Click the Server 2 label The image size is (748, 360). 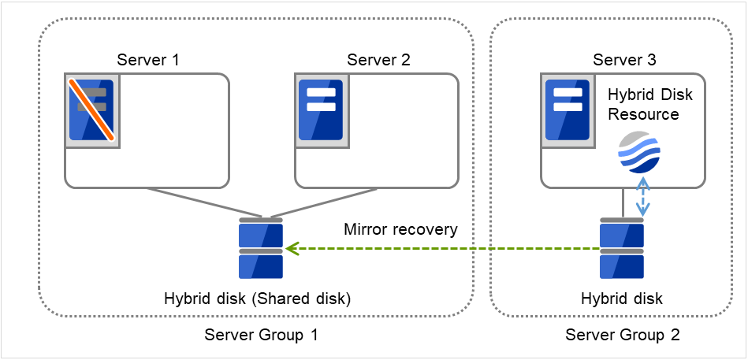[378, 59]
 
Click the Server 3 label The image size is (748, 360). [623, 59]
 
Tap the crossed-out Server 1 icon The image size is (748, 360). [91, 109]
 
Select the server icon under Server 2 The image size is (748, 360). [321, 109]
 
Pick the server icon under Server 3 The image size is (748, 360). [567, 109]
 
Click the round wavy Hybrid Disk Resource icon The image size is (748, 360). [639, 152]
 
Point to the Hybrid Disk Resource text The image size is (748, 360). [650, 104]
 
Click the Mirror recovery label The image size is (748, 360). [400, 230]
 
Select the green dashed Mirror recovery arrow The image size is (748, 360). [441, 249]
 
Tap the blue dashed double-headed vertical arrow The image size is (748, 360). [643, 196]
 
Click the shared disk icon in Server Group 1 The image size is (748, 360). [260, 248]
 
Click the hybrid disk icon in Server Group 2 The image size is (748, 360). [621, 248]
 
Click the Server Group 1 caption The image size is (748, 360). [261, 335]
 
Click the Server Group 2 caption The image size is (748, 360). [622, 335]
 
